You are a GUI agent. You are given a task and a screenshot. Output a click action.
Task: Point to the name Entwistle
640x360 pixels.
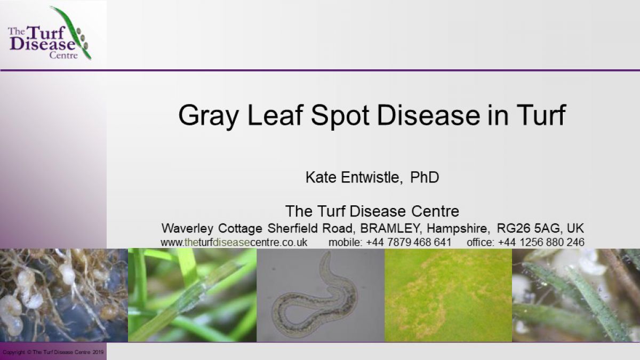click(x=370, y=177)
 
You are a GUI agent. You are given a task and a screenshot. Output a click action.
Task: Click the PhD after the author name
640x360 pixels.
click(x=425, y=177)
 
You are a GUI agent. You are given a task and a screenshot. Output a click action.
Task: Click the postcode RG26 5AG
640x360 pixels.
click(x=529, y=228)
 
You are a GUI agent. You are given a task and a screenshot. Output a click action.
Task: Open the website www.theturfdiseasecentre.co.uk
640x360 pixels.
click(x=234, y=242)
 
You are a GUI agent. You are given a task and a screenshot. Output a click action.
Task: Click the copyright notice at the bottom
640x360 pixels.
click(x=53, y=353)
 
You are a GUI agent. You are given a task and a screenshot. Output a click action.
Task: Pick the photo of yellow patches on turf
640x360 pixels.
click(x=449, y=295)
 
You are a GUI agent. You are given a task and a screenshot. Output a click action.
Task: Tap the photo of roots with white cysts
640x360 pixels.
click(x=64, y=295)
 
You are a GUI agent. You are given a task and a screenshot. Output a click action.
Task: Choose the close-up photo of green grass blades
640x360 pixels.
click(x=193, y=295)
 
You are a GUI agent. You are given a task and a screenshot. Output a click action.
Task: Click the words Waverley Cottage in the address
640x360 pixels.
click(x=212, y=228)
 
